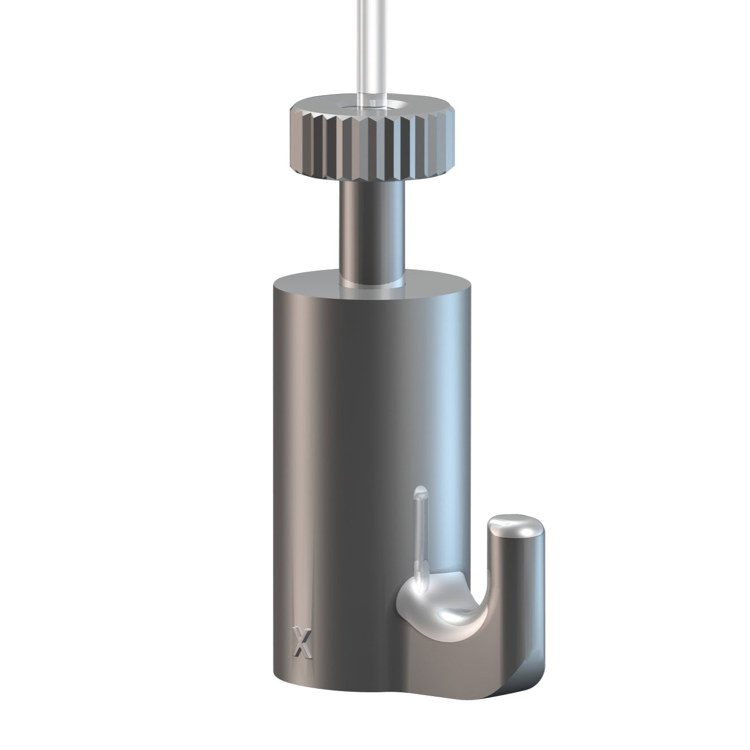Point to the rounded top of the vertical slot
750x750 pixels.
[x=419, y=490]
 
